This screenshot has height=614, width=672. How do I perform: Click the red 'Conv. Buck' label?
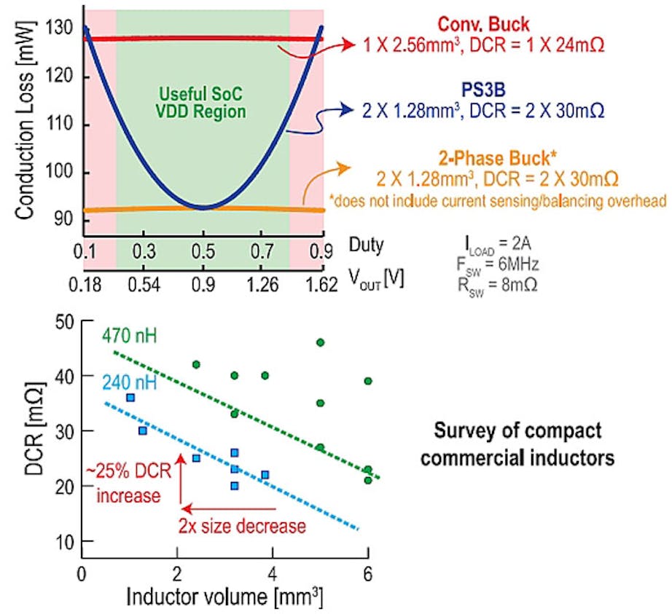click(484, 23)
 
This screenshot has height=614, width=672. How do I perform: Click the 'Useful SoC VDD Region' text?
click(203, 103)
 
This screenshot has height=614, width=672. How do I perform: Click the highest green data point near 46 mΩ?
click(320, 342)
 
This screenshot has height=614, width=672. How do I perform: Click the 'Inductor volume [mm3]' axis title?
click(223, 595)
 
